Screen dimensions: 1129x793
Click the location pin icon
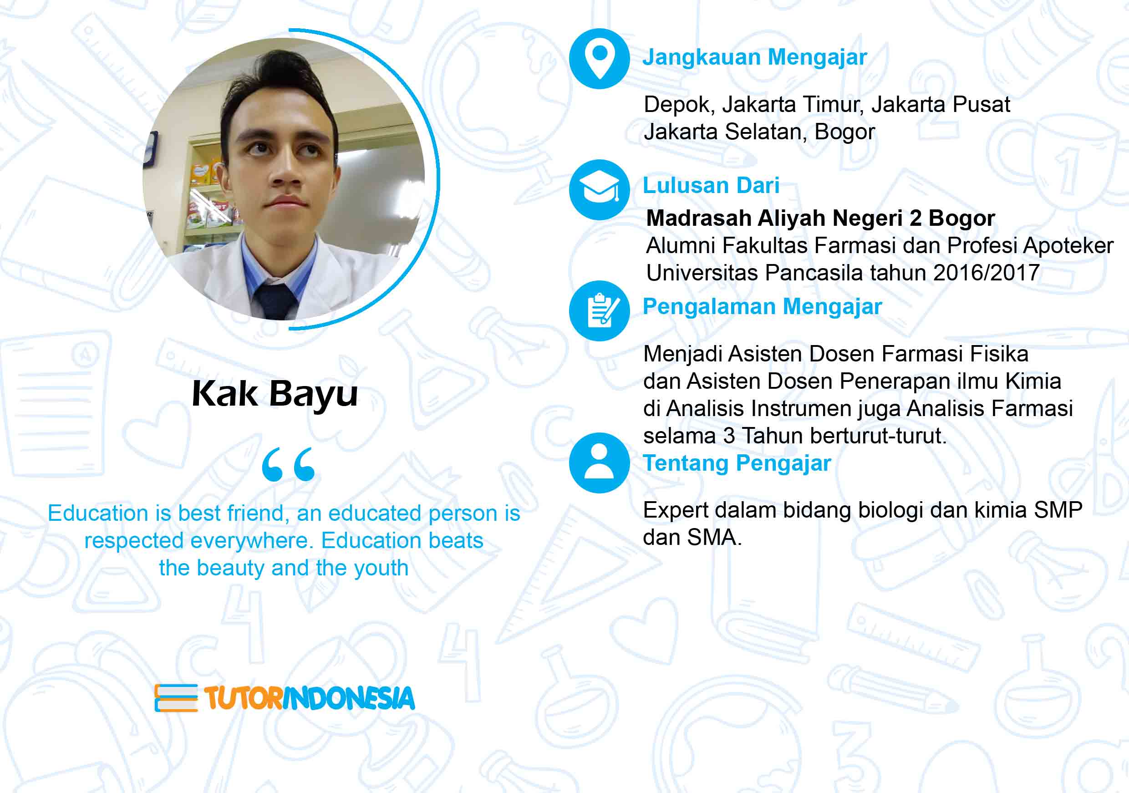[600, 59]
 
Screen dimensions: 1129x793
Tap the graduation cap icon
[600, 189]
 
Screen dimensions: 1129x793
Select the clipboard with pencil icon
[600, 311]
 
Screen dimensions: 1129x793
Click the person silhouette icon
[600, 463]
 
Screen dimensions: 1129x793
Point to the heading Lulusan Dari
[711, 185]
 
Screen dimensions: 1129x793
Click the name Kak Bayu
[275, 395]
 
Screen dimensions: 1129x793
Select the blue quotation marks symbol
[289, 464]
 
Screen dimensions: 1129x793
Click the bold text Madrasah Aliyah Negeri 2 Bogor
[820, 219]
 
